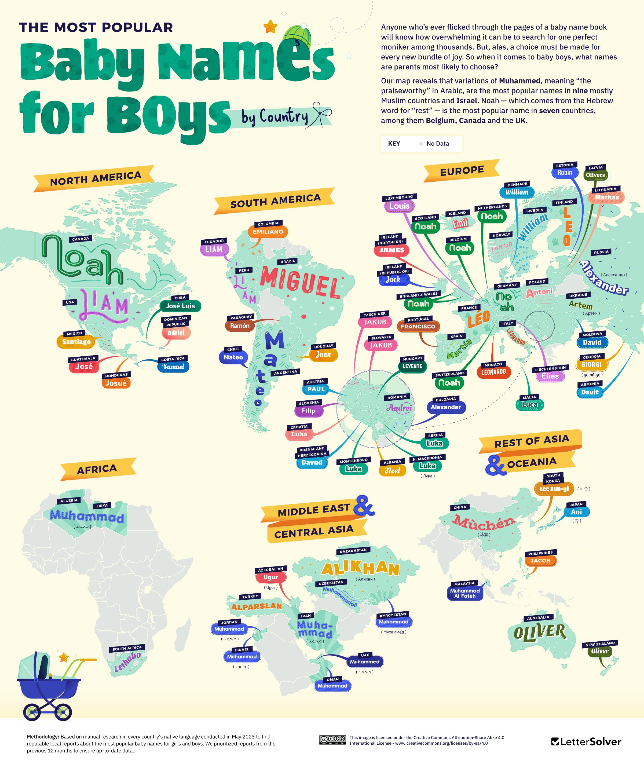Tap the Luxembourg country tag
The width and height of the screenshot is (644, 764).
399,197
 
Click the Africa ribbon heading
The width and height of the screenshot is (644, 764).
97,469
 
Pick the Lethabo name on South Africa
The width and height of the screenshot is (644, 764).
127,661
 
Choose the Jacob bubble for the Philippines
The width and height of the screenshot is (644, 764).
540,561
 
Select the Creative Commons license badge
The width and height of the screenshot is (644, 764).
332,740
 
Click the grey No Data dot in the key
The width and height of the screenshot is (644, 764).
421,144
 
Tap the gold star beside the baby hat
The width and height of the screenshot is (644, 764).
270,26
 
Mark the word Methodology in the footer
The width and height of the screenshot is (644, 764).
42,737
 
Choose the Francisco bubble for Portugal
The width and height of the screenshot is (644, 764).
418,326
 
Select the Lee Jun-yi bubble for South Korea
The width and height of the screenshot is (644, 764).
554,489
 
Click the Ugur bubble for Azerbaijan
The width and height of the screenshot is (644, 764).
270,577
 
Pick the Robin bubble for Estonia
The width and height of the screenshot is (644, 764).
565,173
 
